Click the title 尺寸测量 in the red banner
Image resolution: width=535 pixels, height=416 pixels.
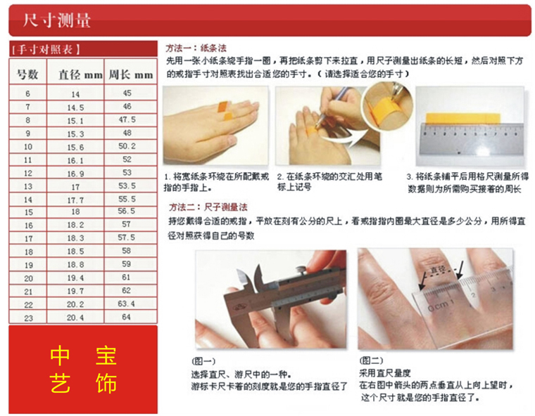[57, 20]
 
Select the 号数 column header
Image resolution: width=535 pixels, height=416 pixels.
[27, 74]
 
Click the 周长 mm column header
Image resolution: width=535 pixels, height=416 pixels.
[131, 74]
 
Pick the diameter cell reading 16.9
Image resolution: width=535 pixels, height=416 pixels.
[75, 174]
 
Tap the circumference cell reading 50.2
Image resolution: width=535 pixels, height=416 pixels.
[127, 146]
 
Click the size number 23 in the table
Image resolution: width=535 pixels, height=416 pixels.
[28, 318]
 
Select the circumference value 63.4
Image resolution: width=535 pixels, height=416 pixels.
[126, 304]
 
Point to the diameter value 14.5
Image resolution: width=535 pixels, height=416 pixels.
[75, 108]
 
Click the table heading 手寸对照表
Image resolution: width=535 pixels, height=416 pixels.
[46, 50]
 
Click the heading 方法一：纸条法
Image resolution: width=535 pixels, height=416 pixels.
[196, 48]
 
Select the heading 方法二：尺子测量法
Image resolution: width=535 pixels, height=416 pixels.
[208, 207]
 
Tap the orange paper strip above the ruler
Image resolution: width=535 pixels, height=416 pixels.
[462, 118]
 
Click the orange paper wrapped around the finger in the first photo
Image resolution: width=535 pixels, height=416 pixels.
[225, 111]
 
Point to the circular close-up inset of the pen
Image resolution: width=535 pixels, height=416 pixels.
[387, 105]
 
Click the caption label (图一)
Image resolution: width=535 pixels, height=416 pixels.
[203, 360]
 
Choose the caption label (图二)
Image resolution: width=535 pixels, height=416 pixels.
[371, 360]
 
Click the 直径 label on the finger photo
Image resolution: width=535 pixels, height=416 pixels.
[438, 270]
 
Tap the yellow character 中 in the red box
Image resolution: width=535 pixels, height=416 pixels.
[60, 356]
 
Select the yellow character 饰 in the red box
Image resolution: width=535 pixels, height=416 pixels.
[106, 383]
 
